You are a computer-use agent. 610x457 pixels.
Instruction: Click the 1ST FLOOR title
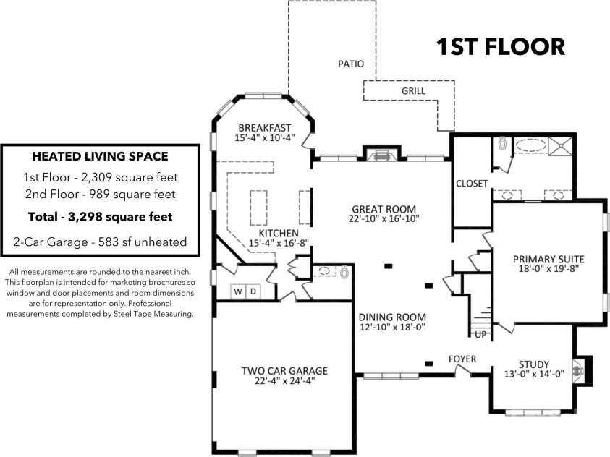point(500,46)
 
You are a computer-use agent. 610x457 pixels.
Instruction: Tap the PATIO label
point(351,64)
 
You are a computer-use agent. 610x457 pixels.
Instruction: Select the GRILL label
point(413,91)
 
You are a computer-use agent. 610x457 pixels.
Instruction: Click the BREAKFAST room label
point(265,128)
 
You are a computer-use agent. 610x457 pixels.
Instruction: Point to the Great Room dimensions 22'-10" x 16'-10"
point(384,218)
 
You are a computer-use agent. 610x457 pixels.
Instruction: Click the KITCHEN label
point(279,233)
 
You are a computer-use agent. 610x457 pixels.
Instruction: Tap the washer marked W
point(238,291)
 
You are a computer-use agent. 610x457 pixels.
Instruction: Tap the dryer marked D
point(253,291)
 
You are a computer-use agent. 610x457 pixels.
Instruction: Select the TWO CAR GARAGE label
point(285,371)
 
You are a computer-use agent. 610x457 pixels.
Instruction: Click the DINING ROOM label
point(392,317)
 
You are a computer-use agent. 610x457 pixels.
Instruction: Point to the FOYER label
point(462,359)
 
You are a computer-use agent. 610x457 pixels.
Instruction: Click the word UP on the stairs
point(481,334)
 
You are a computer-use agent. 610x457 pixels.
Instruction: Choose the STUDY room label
point(534,364)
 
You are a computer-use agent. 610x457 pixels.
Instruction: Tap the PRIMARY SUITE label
point(548,259)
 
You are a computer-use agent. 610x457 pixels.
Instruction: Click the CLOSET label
point(472,184)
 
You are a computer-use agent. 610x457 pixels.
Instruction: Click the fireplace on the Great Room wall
point(381,153)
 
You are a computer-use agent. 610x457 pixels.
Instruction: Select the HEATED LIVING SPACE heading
point(101,156)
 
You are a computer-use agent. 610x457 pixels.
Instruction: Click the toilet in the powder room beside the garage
point(344,272)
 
